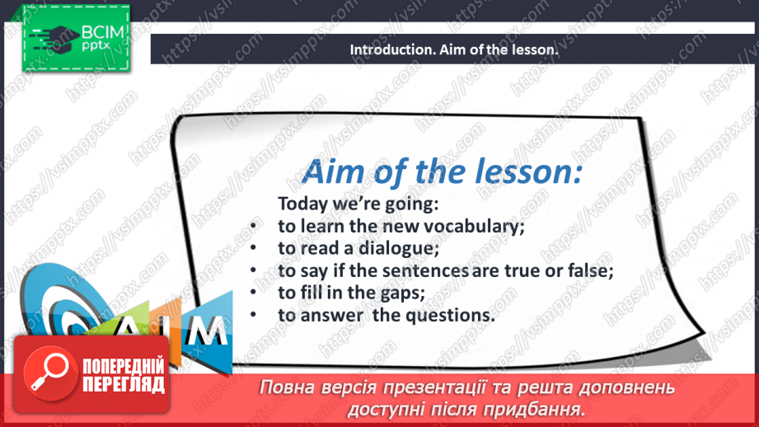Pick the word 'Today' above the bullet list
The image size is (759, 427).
click(x=303, y=204)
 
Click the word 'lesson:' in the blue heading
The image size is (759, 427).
click(x=528, y=171)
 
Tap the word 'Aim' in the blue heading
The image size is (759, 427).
click(x=335, y=171)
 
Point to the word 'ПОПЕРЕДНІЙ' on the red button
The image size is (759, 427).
click(x=124, y=366)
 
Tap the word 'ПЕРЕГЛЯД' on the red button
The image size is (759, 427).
click(x=124, y=384)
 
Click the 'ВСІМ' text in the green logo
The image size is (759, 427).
click(x=103, y=32)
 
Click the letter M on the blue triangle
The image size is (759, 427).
click(x=207, y=331)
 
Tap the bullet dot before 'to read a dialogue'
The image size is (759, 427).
click(x=253, y=248)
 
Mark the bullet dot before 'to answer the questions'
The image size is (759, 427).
click(x=253, y=315)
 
